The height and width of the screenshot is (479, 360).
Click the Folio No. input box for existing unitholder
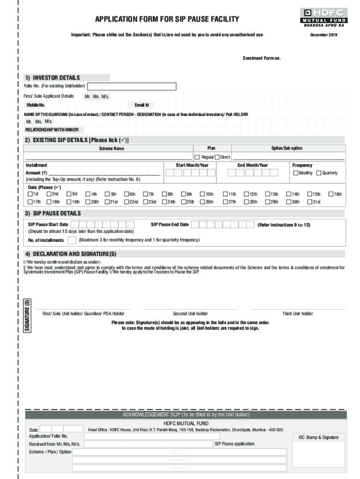[132, 87]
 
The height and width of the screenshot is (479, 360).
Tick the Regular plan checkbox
[197, 157]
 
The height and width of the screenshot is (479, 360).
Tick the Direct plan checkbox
[217, 157]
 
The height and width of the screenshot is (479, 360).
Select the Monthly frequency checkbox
[295, 173]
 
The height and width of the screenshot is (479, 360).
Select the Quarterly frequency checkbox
[319, 173]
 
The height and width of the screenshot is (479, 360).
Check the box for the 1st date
[30, 194]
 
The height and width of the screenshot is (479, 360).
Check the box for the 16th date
[331, 194]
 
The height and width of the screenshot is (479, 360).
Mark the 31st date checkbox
[310, 202]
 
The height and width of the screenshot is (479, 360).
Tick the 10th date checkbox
[202, 194]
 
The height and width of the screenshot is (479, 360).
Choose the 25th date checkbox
[184, 202]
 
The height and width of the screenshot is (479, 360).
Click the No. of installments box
[72, 240]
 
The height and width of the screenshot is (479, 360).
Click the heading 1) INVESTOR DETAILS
[52, 78]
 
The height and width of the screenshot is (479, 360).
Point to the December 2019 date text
[324, 35]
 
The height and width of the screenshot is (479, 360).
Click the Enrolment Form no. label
[262, 58]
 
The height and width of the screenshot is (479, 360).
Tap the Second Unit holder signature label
[190, 314]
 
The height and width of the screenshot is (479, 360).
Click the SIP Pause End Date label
[170, 225]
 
